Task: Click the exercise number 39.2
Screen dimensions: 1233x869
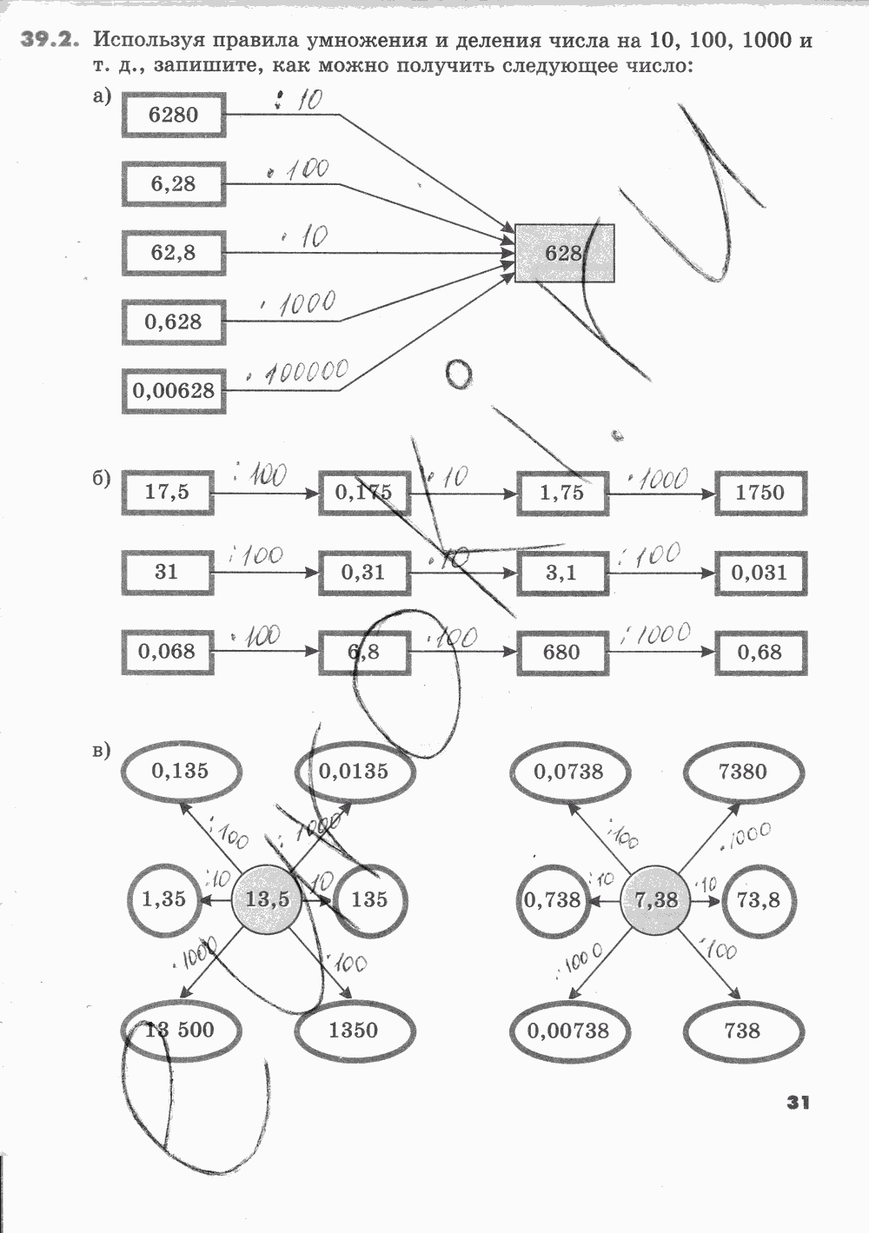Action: click(52, 40)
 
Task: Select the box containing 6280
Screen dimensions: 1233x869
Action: click(173, 115)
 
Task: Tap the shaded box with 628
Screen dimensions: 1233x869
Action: click(564, 253)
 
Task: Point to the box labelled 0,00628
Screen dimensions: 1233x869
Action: click(173, 390)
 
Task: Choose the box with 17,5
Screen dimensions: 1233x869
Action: click(167, 493)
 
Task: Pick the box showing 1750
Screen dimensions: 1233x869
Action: click(760, 493)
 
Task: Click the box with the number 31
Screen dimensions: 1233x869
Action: click(167, 572)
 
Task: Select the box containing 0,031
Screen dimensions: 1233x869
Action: click(760, 573)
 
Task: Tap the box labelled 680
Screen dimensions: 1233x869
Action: click(561, 652)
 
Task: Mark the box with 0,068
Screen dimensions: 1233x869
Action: click(167, 652)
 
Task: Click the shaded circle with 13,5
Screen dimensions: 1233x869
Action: click(267, 900)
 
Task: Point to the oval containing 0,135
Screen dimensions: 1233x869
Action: click(180, 771)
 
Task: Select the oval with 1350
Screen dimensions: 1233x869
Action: click(354, 1031)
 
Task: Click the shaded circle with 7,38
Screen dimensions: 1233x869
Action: click(656, 900)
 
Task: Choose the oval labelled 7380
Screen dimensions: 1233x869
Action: click(743, 771)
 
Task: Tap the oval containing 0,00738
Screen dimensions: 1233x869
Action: click(569, 1031)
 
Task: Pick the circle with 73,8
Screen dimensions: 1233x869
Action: click(758, 900)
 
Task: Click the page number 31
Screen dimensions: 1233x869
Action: click(798, 1103)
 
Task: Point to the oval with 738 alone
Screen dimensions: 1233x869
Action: click(742, 1031)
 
